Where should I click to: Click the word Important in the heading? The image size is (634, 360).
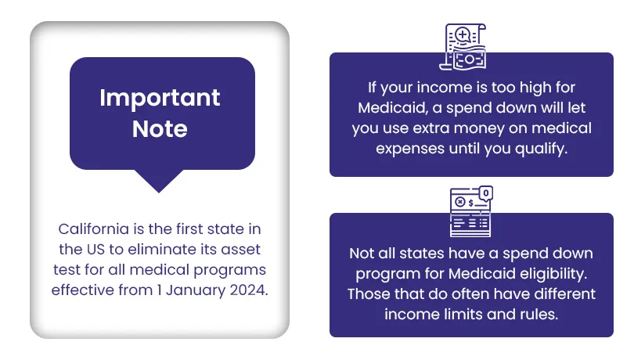coord(160,99)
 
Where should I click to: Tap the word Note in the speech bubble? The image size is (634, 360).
coord(160,128)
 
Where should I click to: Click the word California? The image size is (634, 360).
coord(93,229)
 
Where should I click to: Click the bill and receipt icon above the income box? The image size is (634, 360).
coord(463,46)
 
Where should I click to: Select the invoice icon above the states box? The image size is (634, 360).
coord(471,211)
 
